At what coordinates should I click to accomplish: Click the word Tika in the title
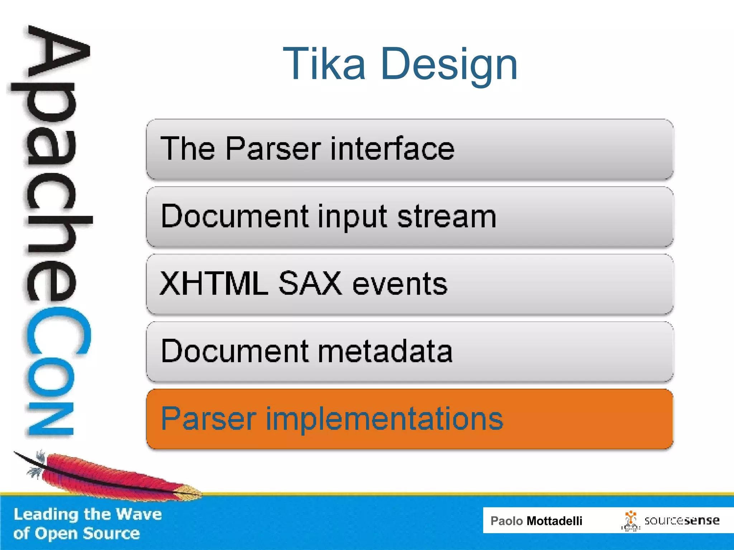tap(324, 64)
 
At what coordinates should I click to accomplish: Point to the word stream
tap(447, 217)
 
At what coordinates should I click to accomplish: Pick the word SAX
tap(310, 284)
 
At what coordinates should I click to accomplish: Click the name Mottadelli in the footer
tap(554, 521)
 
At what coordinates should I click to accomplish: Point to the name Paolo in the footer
tap(506, 521)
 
